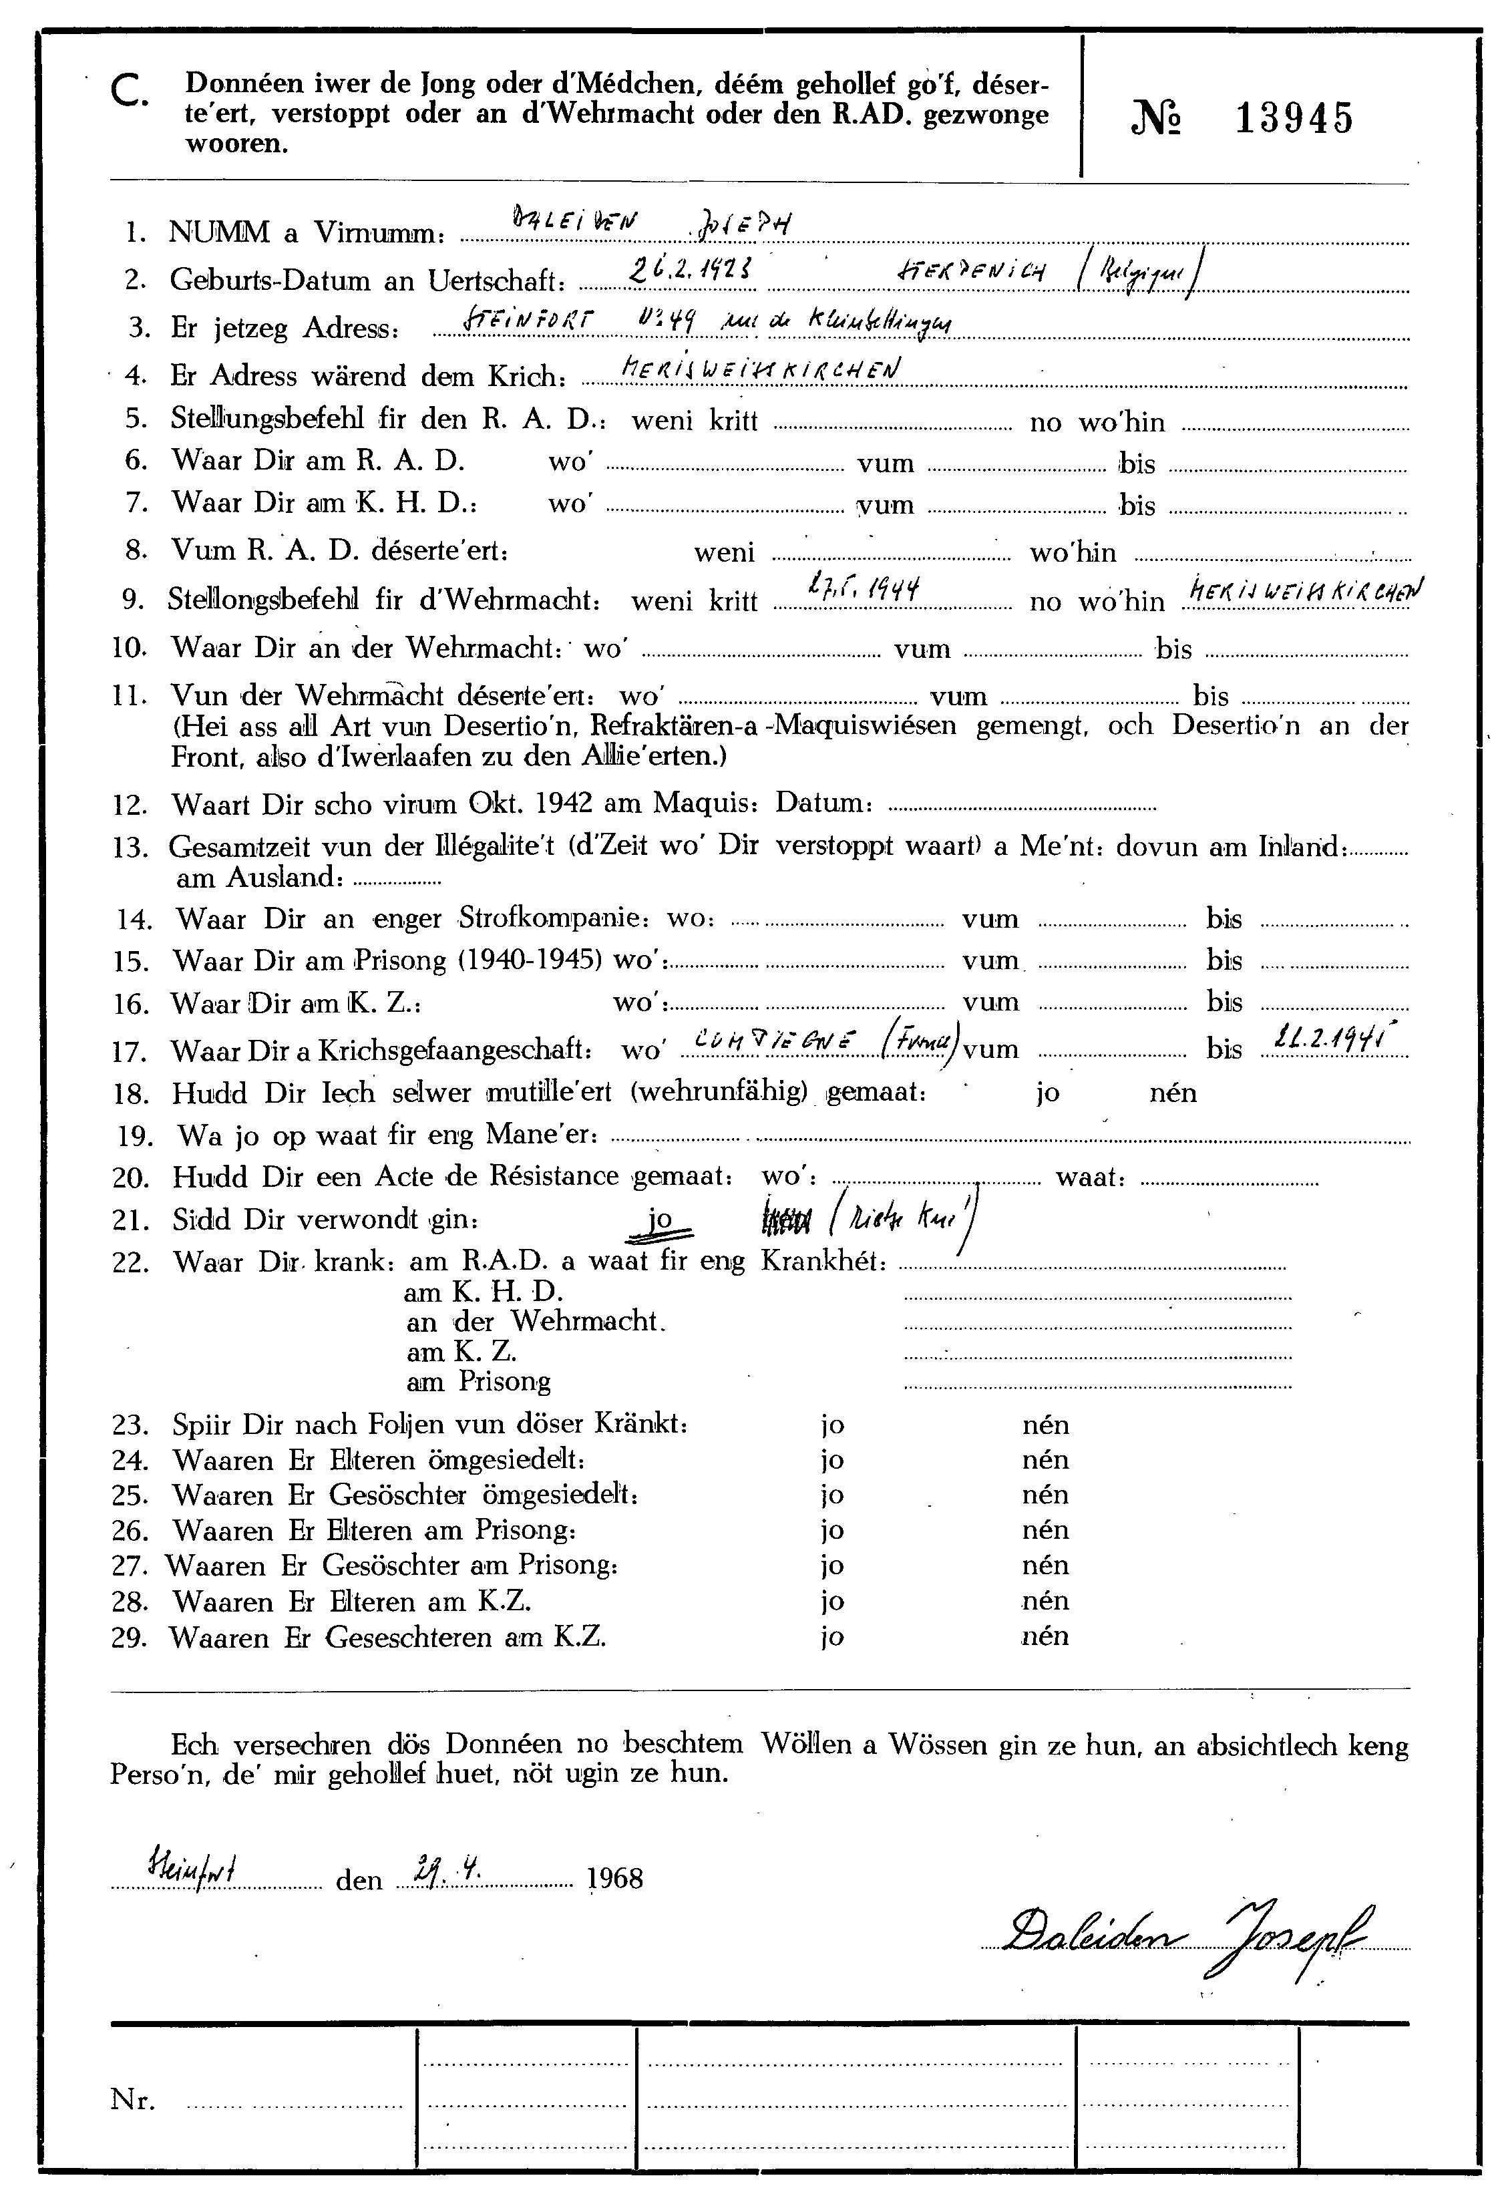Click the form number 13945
coord(1294,119)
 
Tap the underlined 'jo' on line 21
coord(661,1219)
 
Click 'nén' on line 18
coord(1173,1093)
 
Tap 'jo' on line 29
coord(831,1636)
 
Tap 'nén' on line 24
coord(1045,1460)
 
